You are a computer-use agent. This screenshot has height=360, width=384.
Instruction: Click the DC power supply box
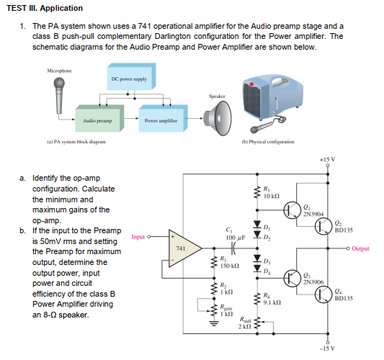(131, 76)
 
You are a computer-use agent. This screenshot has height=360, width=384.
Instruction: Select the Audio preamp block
(99, 119)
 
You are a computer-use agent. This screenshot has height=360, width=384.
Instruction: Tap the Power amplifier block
(163, 119)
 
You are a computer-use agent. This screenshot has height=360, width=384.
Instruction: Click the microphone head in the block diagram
(59, 84)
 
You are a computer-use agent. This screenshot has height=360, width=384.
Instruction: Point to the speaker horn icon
(218, 118)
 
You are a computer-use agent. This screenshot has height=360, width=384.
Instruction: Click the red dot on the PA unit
(251, 84)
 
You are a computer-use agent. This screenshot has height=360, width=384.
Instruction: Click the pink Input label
(138, 237)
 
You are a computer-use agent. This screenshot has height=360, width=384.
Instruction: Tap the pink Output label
(360, 248)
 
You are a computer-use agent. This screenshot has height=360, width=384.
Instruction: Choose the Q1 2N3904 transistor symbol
(293, 210)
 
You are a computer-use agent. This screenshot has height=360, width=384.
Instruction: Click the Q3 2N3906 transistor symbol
(293, 278)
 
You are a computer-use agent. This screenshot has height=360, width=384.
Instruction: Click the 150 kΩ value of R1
(230, 266)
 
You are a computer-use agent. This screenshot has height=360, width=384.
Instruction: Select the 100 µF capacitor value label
(236, 238)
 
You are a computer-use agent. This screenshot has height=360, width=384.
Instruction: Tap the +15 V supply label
(327, 160)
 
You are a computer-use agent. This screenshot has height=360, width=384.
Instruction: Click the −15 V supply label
(327, 348)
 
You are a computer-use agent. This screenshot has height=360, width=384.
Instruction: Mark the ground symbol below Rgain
(214, 324)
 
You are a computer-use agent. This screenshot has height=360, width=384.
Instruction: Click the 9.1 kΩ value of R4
(272, 302)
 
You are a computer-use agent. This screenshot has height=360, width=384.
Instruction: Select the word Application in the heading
(61, 8)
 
